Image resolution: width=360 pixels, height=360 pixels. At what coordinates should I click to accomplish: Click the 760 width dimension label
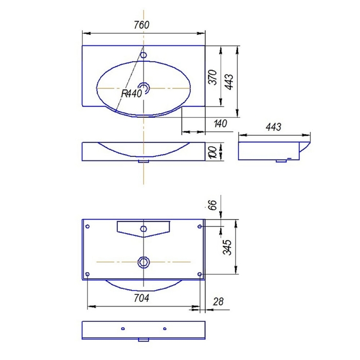(x=141, y=25)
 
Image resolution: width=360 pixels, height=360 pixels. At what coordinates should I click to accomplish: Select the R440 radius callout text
(x=132, y=94)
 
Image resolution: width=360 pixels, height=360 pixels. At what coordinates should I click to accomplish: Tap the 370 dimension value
(x=213, y=77)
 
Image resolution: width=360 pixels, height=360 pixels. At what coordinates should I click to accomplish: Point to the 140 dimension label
(x=221, y=123)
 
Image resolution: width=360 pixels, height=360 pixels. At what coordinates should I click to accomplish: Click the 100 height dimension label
(x=212, y=152)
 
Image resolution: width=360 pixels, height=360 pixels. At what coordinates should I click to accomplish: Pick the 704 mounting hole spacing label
(x=141, y=298)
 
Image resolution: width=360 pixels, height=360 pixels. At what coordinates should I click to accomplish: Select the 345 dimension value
(x=228, y=247)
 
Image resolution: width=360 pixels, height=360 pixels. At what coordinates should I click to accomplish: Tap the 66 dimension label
(x=212, y=205)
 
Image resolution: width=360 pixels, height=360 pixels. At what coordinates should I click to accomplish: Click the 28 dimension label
(x=218, y=302)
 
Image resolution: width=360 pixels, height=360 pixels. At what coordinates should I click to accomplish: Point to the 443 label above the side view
(x=274, y=127)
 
